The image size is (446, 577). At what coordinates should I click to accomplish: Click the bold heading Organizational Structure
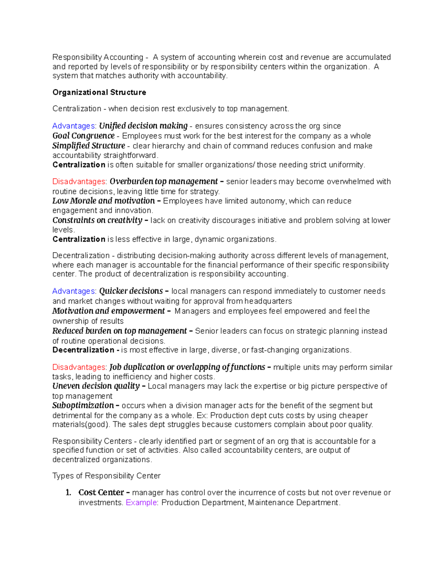(x=99, y=92)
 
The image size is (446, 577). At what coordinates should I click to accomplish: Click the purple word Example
(x=142, y=503)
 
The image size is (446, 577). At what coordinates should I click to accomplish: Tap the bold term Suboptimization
(x=83, y=405)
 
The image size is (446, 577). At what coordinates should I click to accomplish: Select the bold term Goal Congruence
(x=83, y=136)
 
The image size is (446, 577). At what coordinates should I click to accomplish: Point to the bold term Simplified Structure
(x=88, y=146)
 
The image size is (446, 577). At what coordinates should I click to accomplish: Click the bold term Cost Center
(x=101, y=493)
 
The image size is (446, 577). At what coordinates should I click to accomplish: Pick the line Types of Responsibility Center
(x=106, y=476)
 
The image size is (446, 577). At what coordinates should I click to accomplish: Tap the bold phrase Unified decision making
(x=143, y=126)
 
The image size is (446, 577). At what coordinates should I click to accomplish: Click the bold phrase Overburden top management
(x=164, y=182)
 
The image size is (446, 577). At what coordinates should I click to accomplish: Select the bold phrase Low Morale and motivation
(x=103, y=201)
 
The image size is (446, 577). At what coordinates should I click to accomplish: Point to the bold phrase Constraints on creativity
(x=97, y=220)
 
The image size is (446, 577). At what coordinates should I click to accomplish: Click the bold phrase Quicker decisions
(x=131, y=291)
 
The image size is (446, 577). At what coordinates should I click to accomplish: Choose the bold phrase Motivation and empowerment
(x=108, y=311)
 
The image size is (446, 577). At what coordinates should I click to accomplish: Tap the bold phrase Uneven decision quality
(x=96, y=386)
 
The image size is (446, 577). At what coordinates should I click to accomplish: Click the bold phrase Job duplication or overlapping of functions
(x=187, y=367)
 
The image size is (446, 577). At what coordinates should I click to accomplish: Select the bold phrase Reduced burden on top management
(x=119, y=331)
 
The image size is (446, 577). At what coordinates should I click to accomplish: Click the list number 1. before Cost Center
(x=68, y=493)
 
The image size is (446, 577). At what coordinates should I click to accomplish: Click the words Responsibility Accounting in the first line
(x=98, y=57)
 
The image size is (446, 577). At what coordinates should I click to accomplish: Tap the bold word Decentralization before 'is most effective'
(x=83, y=350)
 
